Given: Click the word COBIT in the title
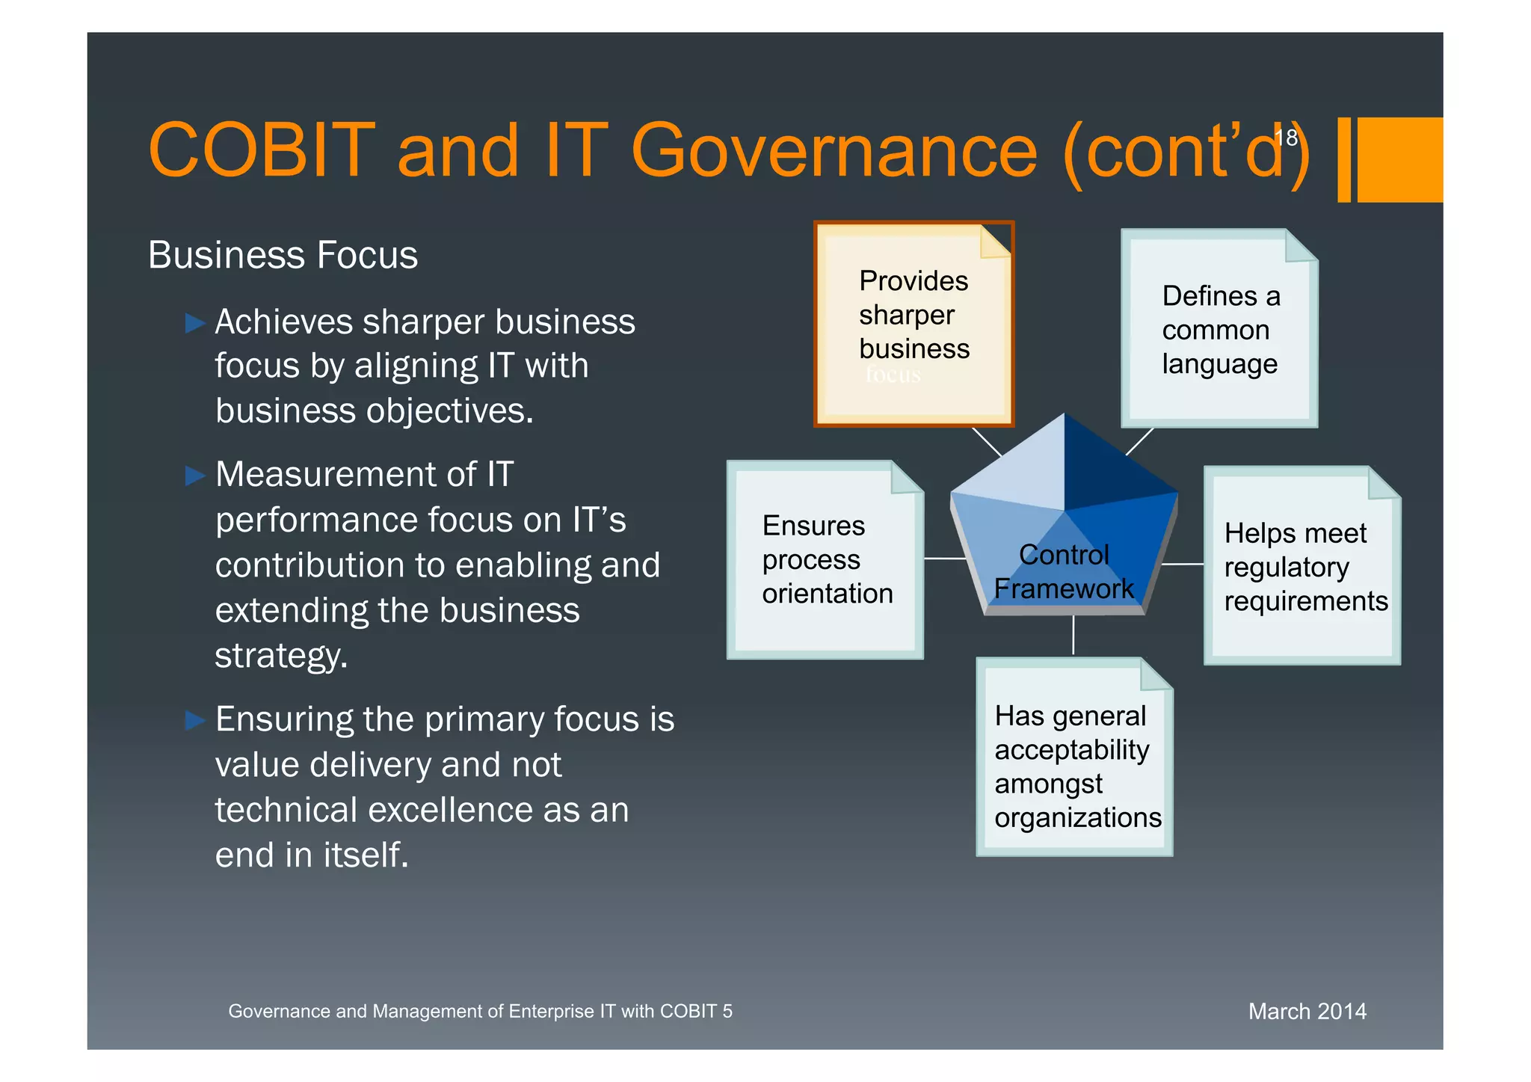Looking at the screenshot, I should tap(262, 150).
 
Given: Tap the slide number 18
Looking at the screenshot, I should tap(1286, 138).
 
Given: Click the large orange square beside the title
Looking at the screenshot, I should tap(1399, 159).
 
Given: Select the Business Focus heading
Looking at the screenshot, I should tap(283, 255).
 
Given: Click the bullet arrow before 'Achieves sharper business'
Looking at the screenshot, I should tap(195, 323).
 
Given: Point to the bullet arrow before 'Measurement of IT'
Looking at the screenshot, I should tap(195, 476).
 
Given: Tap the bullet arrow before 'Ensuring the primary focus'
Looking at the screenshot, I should tap(195, 720).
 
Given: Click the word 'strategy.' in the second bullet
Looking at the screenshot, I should tap(281, 655).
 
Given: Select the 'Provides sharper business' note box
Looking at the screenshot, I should tap(914, 324).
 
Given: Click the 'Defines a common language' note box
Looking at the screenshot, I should tap(1219, 329).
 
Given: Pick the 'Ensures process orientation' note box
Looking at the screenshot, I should tap(825, 559).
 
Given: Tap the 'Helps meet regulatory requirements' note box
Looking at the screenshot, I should tap(1302, 566).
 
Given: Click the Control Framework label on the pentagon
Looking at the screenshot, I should tap(1063, 572).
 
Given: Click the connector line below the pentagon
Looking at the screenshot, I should tap(1073, 636).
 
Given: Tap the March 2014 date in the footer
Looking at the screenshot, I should tap(1307, 1011).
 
